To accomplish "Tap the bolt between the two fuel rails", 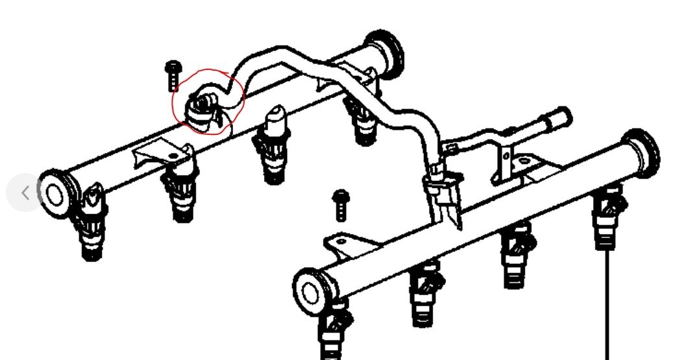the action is [339, 205].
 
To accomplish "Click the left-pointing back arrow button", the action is [25, 193].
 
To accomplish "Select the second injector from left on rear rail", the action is [180, 188].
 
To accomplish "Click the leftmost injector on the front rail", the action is [332, 331].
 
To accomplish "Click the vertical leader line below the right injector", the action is [607, 305].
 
